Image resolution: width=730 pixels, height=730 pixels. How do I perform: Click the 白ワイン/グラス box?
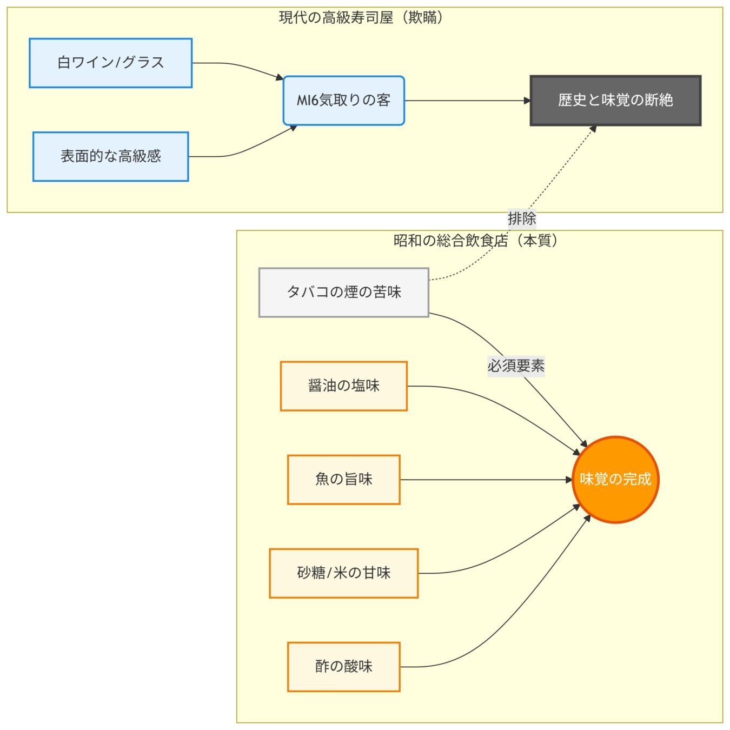click(110, 63)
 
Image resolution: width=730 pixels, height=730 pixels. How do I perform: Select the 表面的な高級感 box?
click(110, 156)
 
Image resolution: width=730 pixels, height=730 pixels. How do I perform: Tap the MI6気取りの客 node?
click(343, 101)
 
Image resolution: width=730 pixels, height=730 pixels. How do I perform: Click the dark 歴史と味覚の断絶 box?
click(615, 101)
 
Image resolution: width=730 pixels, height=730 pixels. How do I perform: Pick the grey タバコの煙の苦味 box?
click(343, 292)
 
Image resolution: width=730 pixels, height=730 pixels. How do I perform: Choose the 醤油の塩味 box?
click(343, 386)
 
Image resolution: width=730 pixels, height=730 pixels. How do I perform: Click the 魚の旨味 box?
click(343, 480)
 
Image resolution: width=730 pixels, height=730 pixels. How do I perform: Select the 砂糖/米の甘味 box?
click(343, 573)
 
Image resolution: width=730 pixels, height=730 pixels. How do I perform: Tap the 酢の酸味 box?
click(343, 667)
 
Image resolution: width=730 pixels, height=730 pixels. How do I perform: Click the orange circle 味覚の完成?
click(615, 480)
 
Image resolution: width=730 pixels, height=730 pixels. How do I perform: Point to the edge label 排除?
click(522, 218)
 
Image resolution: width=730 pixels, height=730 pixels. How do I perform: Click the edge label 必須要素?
click(516, 366)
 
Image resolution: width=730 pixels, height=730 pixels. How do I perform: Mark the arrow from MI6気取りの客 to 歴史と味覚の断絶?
click(467, 101)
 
